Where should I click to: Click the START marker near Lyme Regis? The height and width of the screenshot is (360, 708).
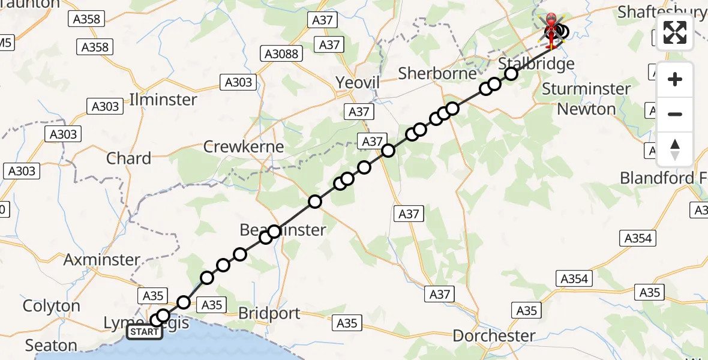pyautogui.click(x=144, y=332)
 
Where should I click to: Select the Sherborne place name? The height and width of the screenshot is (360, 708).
pyautogui.click(x=437, y=73)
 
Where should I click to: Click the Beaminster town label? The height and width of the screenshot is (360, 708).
pyautogui.click(x=283, y=230)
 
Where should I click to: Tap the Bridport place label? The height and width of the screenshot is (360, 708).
pyautogui.click(x=269, y=313)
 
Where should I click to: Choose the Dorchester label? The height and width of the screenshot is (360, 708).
pyautogui.click(x=494, y=335)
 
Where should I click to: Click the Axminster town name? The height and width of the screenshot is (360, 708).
pyautogui.click(x=101, y=260)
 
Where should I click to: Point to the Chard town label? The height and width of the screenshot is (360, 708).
pyautogui.click(x=128, y=158)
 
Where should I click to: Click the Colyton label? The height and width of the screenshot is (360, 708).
pyautogui.click(x=51, y=306)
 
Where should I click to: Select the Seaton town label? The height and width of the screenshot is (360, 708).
pyautogui.click(x=51, y=346)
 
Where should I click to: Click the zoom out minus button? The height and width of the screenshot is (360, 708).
pyautogui.click(x=675, y=114)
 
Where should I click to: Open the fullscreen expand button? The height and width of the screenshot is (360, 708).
pyautogui.click(x=675, y=32)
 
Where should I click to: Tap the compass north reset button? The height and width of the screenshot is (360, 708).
pyautogui.click(x=675, y=149)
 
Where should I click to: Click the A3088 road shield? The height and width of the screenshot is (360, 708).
pyautogui.click(x=281, y=55)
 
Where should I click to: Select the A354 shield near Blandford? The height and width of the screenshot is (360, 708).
pyautogui.click(x=637, y=238)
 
